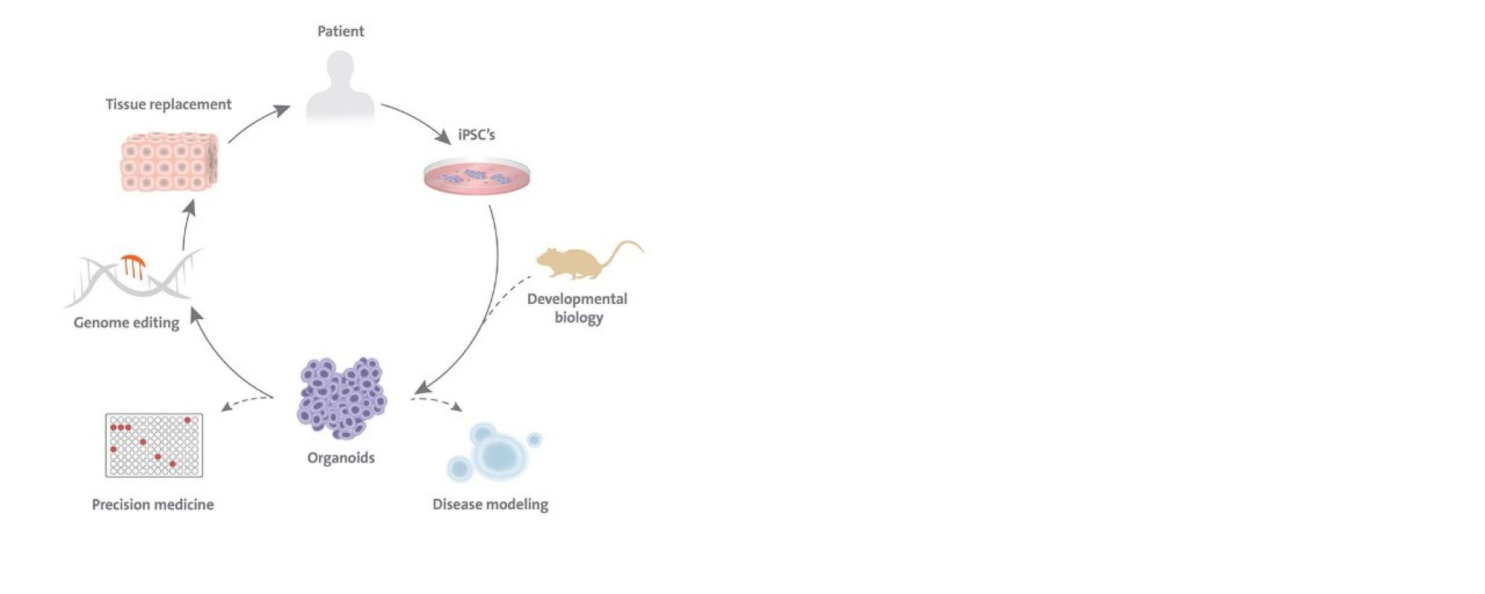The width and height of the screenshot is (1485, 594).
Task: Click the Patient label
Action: pyautogui.click(x=341, y=31)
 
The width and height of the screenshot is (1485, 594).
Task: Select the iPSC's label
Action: pyautogui.click(x=476, y=135)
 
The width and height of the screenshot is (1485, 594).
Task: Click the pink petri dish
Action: pyautogui.click(x=476, y=177)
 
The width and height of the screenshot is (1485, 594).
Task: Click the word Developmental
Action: pyautogui.click(x=577, y=299)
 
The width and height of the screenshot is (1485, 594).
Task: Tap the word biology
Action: pyautogui.click(x=579, y=318)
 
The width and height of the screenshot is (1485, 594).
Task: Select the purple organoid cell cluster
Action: pyautogui.click(x=342, y=398)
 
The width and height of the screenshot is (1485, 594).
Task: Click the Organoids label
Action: pyautogui.click(x=341, y=458)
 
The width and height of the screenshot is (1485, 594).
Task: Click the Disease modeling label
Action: pyautogui.click(x=490, y=504)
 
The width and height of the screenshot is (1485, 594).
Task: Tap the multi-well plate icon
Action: pyautogui.click(x=154, y=445)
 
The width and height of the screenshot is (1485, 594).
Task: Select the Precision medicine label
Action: pyautogui.click(x=153, y=504)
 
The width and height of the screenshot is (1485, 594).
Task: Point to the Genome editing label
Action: pyautogui.click(x=126, y=323)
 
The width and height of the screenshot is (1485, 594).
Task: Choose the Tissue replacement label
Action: pyautogui.click(x=168, y=104)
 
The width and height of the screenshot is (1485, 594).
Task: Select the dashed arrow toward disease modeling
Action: pyautogui.click(x=437, y=402)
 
